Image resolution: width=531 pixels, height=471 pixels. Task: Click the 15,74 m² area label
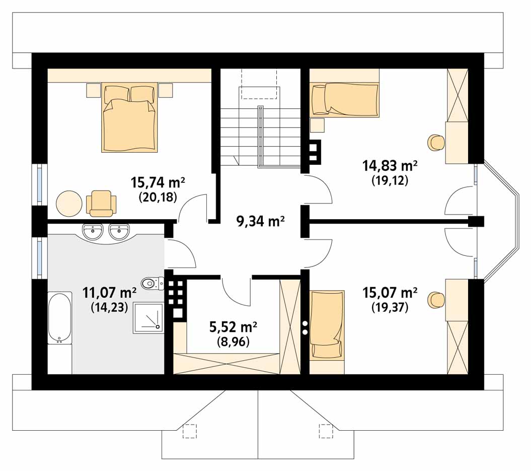pos(158,183)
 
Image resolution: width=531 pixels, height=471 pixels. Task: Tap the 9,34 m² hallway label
pos(260,222)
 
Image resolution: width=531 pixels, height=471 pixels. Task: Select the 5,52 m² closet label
pos(233,327)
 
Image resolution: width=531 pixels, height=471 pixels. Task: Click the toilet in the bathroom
pos(153,283)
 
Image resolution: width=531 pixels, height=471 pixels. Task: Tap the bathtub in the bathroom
pos(59,318)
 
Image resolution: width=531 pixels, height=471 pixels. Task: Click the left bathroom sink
pos(93,231)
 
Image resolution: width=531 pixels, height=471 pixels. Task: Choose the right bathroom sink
pos(119,231)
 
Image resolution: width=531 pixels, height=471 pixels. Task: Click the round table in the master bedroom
pos(69,204)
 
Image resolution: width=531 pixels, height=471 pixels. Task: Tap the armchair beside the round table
pos(101,204)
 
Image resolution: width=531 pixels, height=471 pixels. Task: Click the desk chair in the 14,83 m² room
pos(436,143)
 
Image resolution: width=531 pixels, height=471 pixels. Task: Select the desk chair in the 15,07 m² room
pos(436,300)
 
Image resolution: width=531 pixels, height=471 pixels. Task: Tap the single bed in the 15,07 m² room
pos(327,324)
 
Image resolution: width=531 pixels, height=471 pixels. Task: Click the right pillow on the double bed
pos(143,94)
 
